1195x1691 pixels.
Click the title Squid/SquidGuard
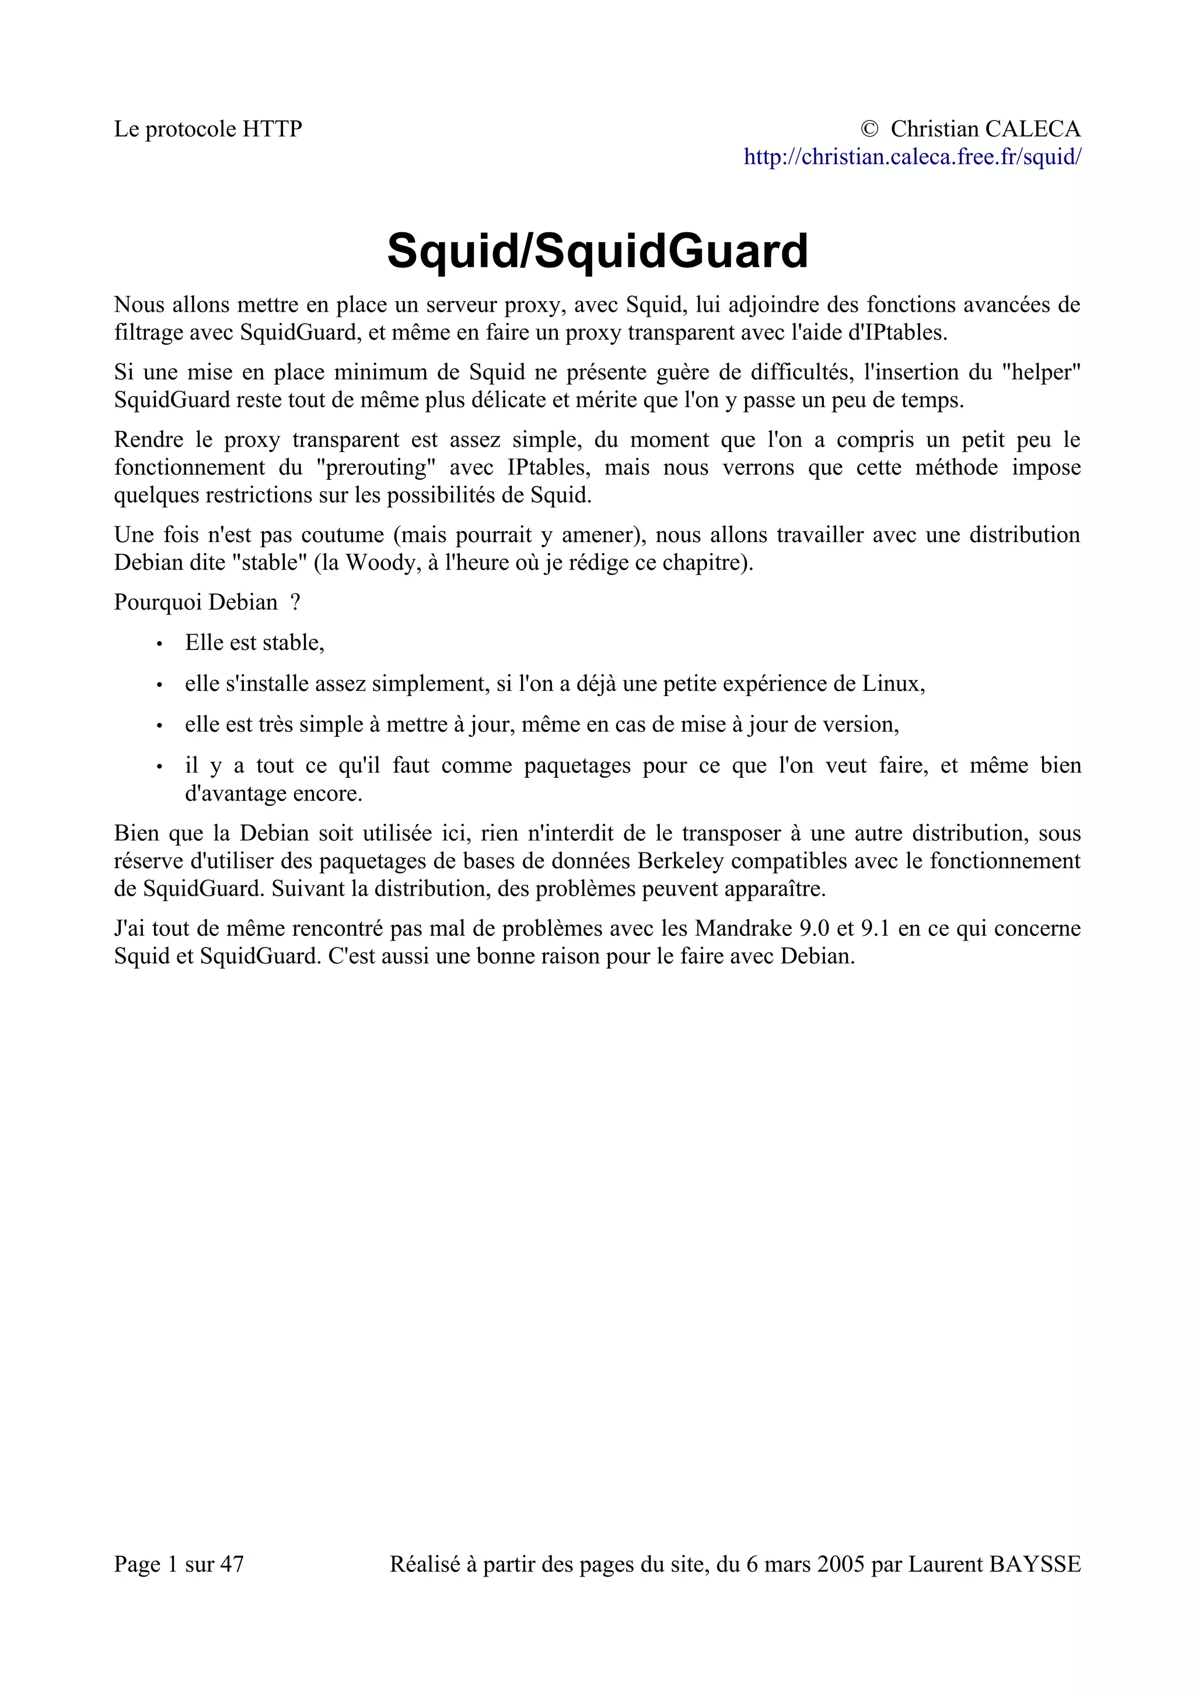coord(597,250)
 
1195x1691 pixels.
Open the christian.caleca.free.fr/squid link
coord(911,157)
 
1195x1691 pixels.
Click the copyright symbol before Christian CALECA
coord(869,130)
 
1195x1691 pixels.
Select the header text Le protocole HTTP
coord(208,130)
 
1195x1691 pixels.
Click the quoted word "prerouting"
coord(376,467)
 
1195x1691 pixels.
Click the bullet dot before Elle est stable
coord(159,644)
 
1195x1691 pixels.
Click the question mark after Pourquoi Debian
coord(295,602)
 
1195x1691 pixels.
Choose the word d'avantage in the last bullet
coord(235,794)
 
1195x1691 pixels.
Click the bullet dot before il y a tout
coord(159,767)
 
